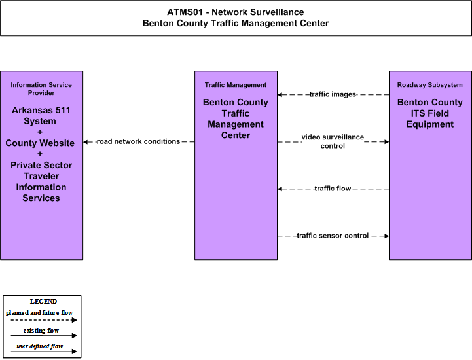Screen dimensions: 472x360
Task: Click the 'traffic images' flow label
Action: coord(333,94)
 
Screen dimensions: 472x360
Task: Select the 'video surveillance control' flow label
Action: coord(333,141)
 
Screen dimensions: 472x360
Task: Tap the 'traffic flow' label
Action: coord(333,189)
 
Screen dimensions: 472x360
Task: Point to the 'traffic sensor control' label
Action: coord(333,236)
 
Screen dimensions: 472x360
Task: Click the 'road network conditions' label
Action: coord(138,141)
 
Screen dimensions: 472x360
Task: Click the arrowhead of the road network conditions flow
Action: coord(86,142)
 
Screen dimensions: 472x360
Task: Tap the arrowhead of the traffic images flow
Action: coord(280,95)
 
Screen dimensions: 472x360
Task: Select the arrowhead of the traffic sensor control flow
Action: coord(386,236)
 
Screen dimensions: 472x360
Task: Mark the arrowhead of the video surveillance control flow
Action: coord(386,142)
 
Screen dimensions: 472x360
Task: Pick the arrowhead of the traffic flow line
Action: coord(280,189)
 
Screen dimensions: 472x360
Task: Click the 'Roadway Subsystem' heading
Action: coord(430,85)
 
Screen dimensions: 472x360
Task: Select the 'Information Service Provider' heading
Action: coord(41,89)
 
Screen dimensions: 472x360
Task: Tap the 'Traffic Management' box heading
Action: coord(236,85)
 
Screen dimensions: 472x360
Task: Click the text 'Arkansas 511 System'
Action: coord(41,116)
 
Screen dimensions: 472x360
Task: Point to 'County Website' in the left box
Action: coord(40,143)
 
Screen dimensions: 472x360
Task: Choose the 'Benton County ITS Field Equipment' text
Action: coord(430,113)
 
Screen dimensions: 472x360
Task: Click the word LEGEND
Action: coord(43,302)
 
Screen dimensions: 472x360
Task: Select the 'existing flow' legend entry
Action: coord(41,331)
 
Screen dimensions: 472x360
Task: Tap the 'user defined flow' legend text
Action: coord(40,346)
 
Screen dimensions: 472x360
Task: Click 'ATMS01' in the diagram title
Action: coord(185,12)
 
